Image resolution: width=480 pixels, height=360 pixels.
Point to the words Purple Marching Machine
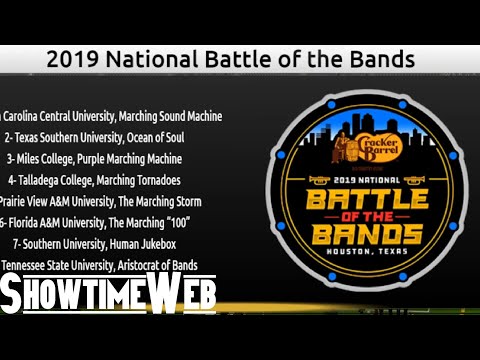(134, 158)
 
